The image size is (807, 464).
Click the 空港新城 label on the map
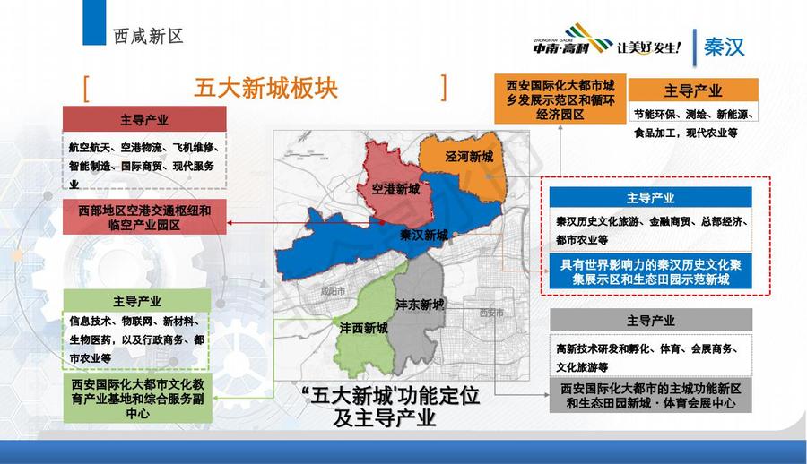coord(395,189)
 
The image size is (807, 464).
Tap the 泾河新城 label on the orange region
coord(469,157)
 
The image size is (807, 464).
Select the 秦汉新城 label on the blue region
coord(423,235)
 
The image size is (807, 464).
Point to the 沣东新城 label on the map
coord(420,305)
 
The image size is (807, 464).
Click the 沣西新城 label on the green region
coord(363,328)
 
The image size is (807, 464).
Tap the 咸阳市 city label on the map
coord(333,290)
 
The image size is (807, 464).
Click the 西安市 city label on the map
coord(491,313)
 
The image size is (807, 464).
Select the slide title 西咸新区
coord(148,36)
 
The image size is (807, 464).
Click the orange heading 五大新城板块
coord(265,88)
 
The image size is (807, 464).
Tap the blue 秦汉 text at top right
coord(725,47)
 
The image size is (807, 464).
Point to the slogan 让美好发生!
coord(649,47)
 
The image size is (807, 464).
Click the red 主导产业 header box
coord(144,119)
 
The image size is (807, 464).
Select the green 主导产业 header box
coord(137,300)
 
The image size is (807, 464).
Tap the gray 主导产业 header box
coord(651,320)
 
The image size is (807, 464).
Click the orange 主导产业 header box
coord(693,90)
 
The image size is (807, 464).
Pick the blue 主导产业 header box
coord(651,198)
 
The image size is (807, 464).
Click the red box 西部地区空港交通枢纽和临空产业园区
coord(144,217)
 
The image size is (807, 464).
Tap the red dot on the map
coord(382,223)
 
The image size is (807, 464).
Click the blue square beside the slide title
coord(94,22)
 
